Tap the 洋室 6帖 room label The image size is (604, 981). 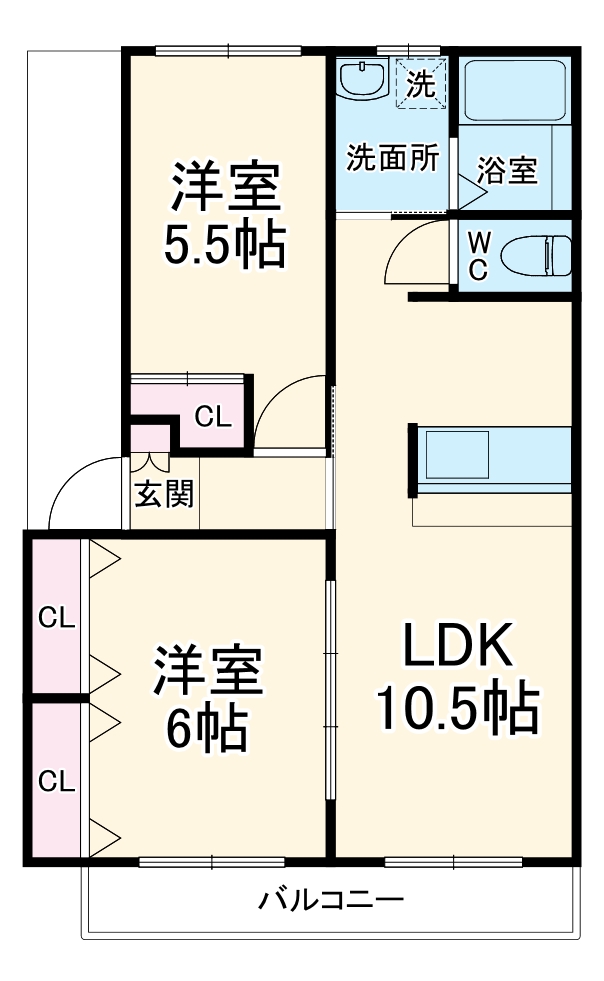(x=207, y=699)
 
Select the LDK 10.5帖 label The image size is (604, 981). (x=457, y=677)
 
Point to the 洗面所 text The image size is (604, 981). (x=393, y=158)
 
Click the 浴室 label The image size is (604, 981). (x=507, y=171)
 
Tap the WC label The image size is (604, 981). (x=478, y=255)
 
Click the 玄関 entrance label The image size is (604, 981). (x=164, y=494)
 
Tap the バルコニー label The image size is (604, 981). (x=332, y=899)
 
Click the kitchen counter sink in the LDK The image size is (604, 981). (x=456, y=455)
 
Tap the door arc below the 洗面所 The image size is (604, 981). (x=412, y=250)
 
